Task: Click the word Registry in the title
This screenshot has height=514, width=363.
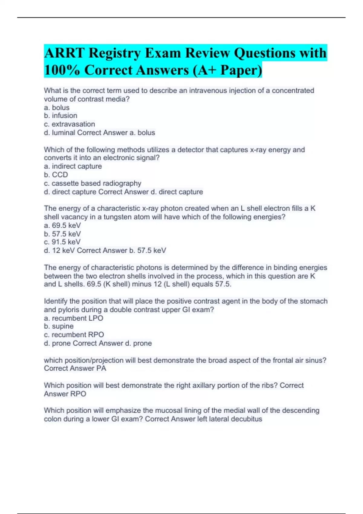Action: (x=115, y=53)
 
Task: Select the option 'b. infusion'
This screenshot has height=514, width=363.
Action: (x=60, y=115)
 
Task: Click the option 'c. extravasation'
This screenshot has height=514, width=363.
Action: (x=69, y=124)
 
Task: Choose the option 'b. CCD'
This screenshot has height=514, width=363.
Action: (x=56, y=175)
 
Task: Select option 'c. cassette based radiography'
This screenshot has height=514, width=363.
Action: (x=93, y=183)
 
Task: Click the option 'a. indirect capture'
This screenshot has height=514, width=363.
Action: (x=73, y=166)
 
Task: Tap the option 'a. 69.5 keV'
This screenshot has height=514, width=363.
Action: (x=62, y=225)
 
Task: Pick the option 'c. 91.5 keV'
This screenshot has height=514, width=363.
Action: (x=62, y=242)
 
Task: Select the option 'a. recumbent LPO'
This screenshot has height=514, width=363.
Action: (x=74, y=318)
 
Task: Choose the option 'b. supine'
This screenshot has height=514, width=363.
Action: (x=59, y=326)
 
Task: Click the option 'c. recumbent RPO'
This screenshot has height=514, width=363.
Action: (x=74, y=335)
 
